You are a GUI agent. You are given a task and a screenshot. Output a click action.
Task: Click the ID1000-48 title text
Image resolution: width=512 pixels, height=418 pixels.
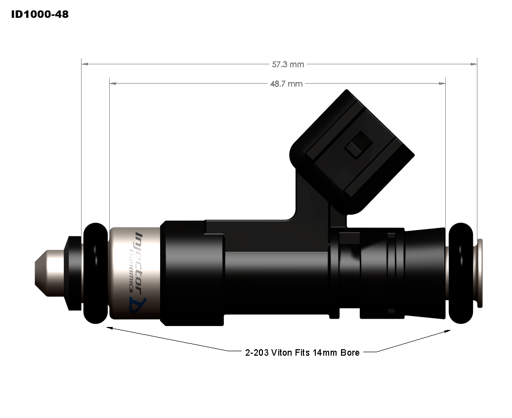click(40, 14)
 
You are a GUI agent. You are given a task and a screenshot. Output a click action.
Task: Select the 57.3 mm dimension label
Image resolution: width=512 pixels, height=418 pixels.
click(288, 64)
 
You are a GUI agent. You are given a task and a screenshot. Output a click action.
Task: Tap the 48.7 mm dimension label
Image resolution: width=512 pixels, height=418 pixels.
click(286, 84)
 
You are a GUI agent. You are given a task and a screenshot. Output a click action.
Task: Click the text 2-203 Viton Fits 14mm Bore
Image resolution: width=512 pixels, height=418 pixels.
click(302, 353)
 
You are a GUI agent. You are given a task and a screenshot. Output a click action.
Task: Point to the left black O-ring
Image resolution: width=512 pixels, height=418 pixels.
click(96, 273)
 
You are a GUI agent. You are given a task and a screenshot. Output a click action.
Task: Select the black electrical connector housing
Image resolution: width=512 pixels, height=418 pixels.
click(352, 153)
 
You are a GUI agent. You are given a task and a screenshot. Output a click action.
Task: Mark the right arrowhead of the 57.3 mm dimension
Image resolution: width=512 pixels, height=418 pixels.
click(473, 64)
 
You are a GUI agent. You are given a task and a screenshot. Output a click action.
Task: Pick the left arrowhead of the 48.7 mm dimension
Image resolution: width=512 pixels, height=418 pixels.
click(113, 84)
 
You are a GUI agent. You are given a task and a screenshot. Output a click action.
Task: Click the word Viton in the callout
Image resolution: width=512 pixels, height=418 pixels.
click(282, 353)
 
